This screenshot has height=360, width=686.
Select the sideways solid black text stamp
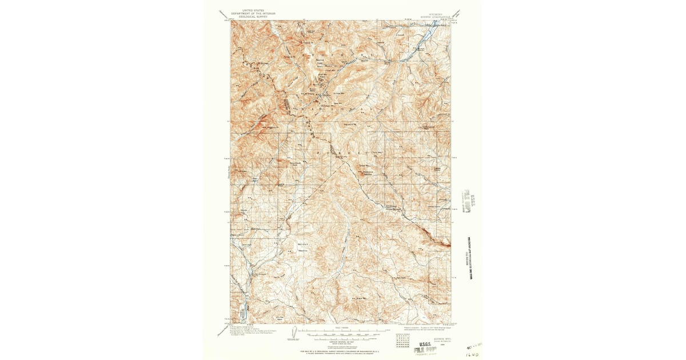point(470,257)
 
